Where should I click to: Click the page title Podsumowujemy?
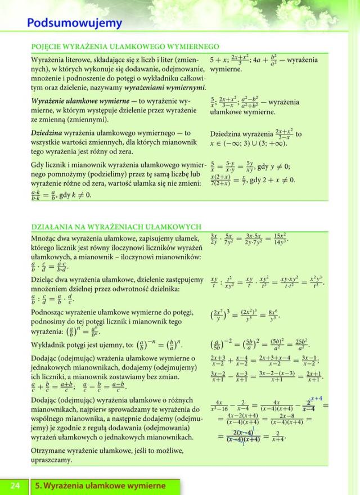point(74,23)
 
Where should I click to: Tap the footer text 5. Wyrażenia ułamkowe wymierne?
point(100,486)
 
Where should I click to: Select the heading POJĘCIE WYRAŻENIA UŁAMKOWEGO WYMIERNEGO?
point(125,47)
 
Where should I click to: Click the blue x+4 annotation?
point(316,398)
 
